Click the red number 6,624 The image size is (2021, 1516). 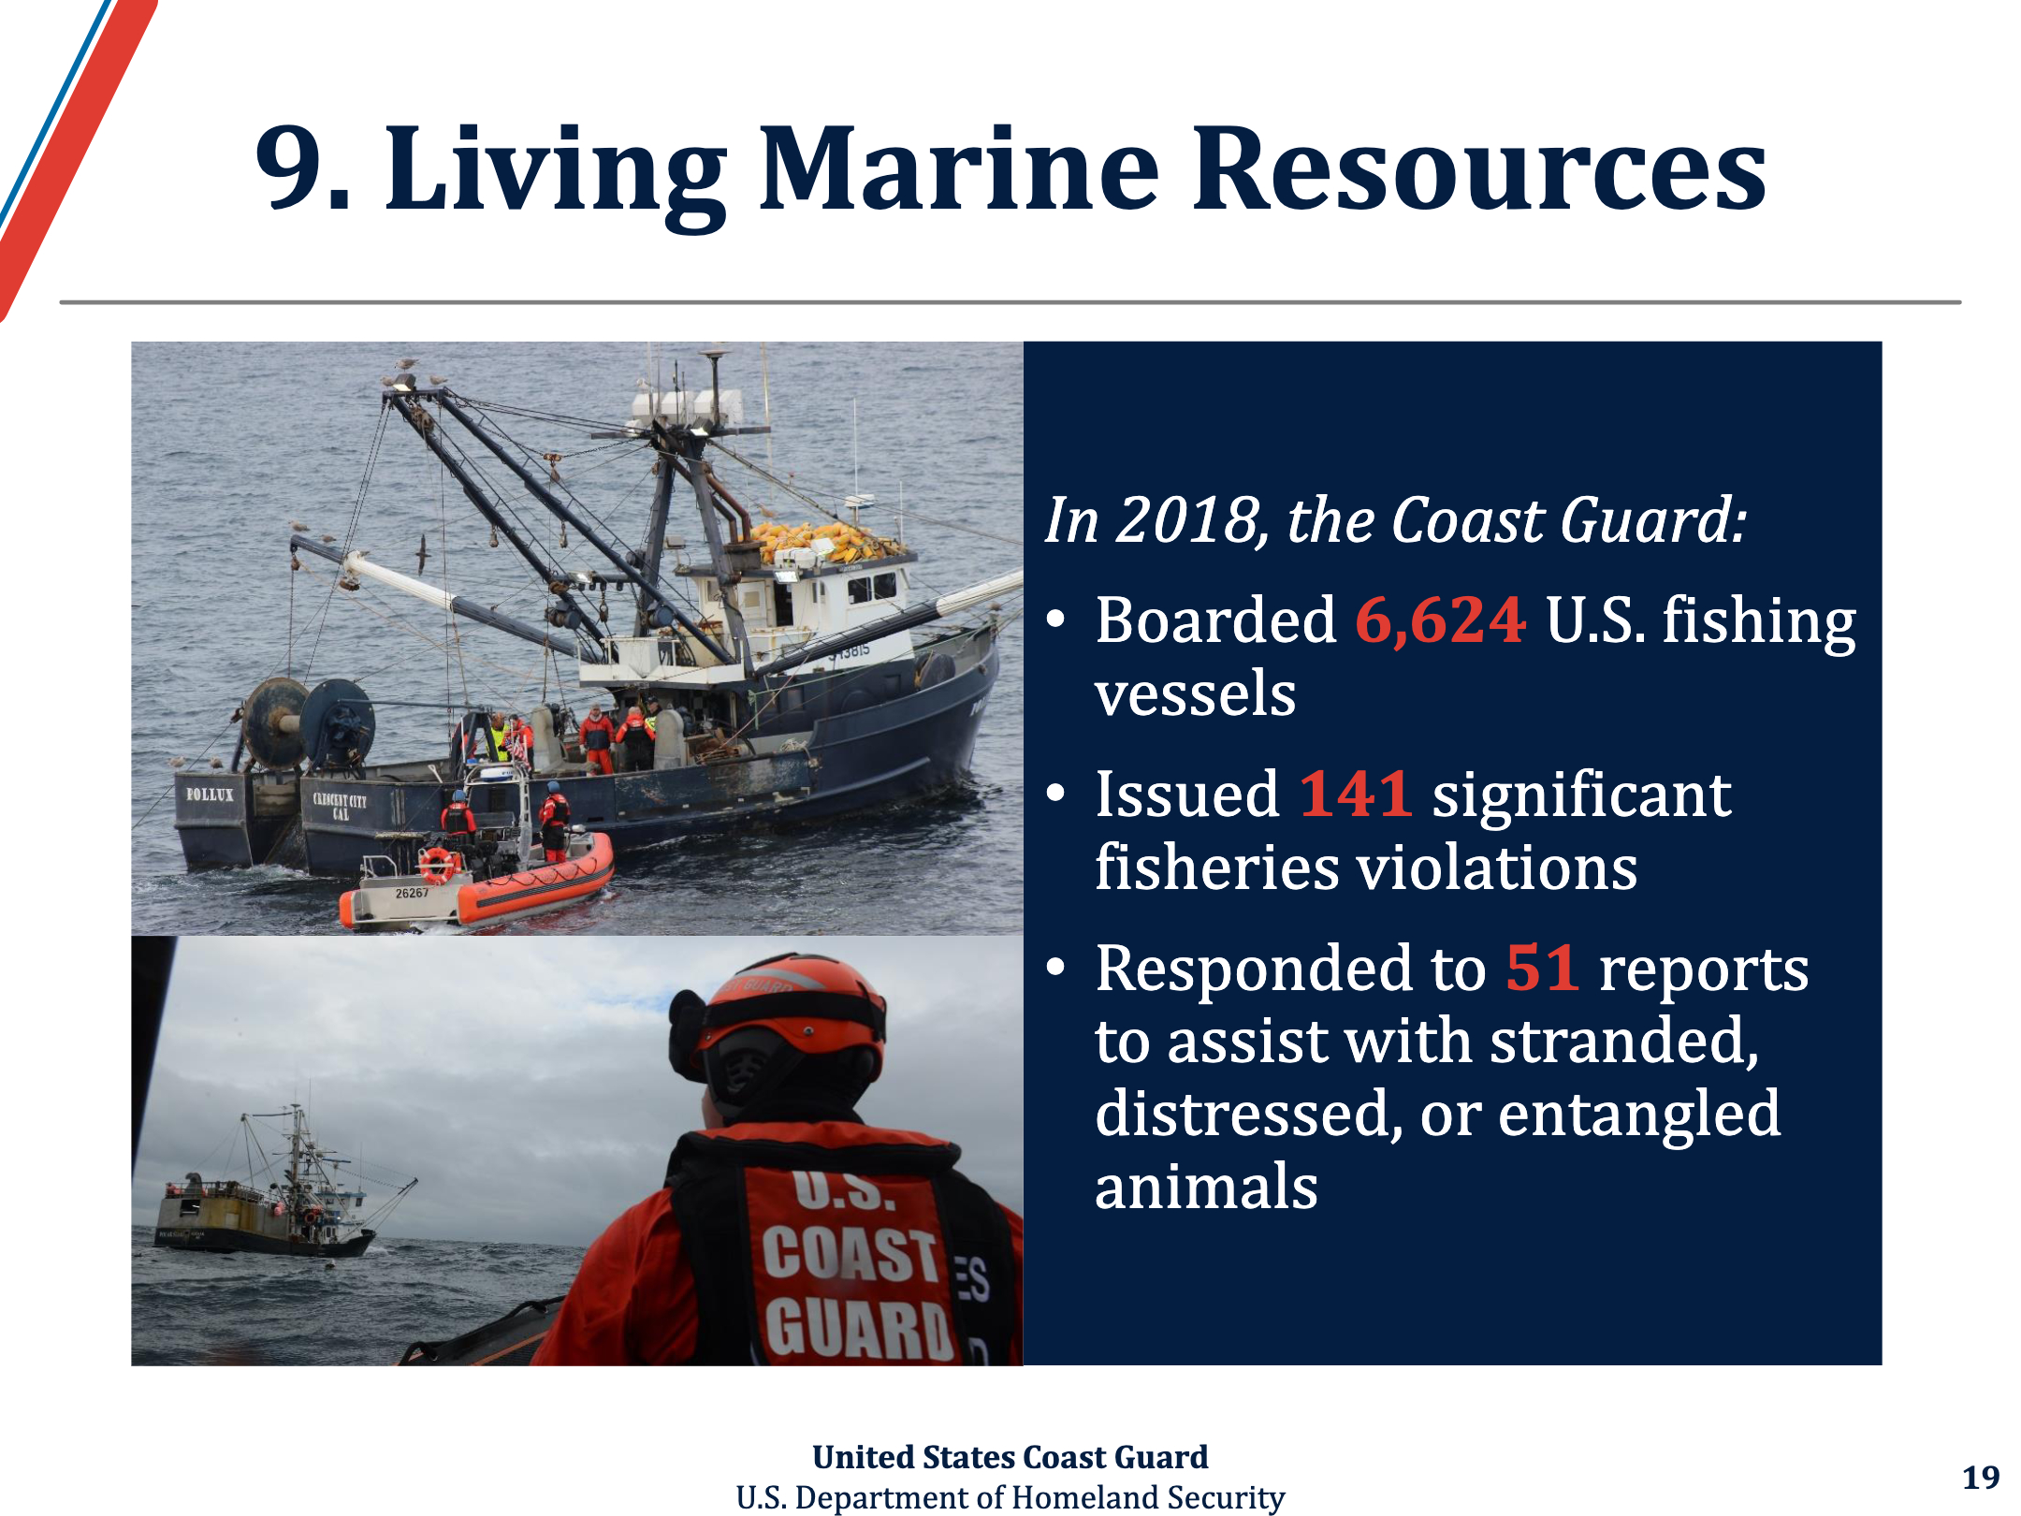[x=1441, y=621]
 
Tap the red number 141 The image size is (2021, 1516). [x=1356, y=794]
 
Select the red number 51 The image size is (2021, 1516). [x=1543, y=968]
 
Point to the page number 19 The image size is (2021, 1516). [x=1981, y=1477]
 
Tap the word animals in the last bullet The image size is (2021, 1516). [x=1206, y=1187]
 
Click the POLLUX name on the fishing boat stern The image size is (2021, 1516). [x=210, y=794]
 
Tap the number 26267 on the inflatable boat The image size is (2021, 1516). [x=412, y=893]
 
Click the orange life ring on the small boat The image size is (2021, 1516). [x=437, y=865]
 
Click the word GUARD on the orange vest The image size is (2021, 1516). [x=858, y=1329]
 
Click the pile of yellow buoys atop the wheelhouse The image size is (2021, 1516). [x=823, y=542]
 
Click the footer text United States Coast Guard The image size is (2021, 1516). [x=1010, y=1457]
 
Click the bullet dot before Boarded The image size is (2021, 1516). [x=1056, y=620]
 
